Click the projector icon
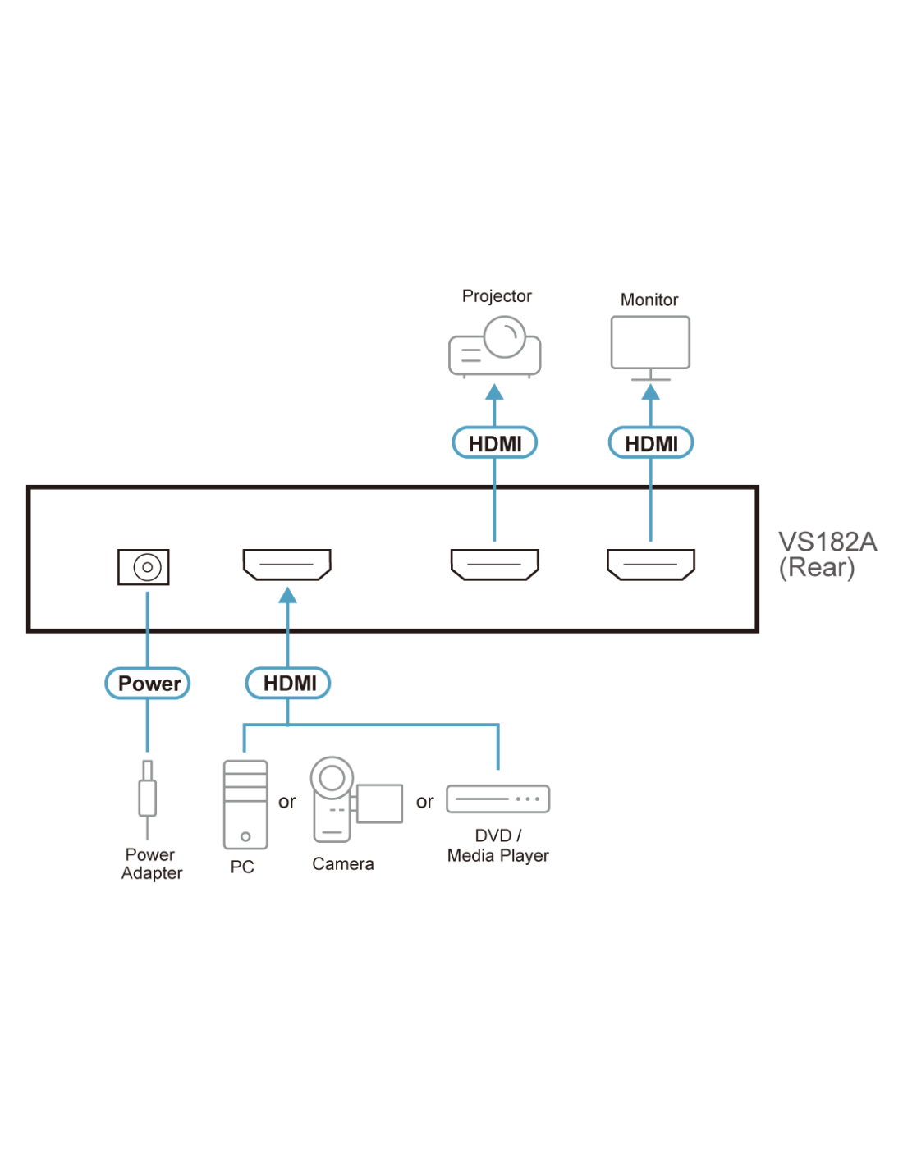494,348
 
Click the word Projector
497,296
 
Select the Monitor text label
649,300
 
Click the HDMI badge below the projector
495,443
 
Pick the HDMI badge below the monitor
651,443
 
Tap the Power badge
149,684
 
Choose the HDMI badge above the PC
289,684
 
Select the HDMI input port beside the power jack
287,565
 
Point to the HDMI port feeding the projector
495,565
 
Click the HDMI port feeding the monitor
651,565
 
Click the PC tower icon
245,804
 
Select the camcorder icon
353,800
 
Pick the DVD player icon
498,799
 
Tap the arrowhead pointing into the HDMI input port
287,595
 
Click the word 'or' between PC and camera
286,802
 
